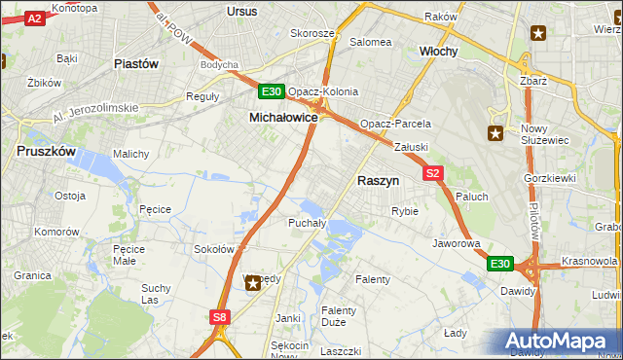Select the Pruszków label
(x=46, y=152)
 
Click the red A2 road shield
(x=34, y=18)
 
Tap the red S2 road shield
(x=434, y=174)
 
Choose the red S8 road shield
(x=220, y=316)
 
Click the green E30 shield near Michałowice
(x=272, y=92)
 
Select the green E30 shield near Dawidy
(x=499, y=264)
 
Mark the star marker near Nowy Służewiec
(x=495, y=134)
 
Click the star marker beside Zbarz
(x=538, y=33)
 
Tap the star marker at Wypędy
(x=252, y=283)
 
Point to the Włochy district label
(x=438, y=51)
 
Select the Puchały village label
(x=305, y=223)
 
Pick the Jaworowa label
(x=457, y=243)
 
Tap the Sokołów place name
(x=214, y=249)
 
